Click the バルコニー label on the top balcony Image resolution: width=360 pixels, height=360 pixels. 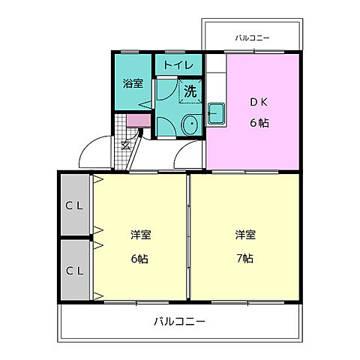(252, 37)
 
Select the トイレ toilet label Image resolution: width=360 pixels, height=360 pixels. (178, 65)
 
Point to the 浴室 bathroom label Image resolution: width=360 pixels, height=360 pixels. (133, 84)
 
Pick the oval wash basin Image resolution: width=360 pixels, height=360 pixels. (190, 125)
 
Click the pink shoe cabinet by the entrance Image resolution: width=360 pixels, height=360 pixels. (137, 121)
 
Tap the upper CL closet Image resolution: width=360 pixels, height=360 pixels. (75, 205)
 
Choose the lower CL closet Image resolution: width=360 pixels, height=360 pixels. (75, 270)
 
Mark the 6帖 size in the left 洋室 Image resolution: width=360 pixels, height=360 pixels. (139, 258)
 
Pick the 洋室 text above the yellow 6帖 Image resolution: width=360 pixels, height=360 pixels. (140, 235)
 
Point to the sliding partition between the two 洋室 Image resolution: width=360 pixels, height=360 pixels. (187, 236)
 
